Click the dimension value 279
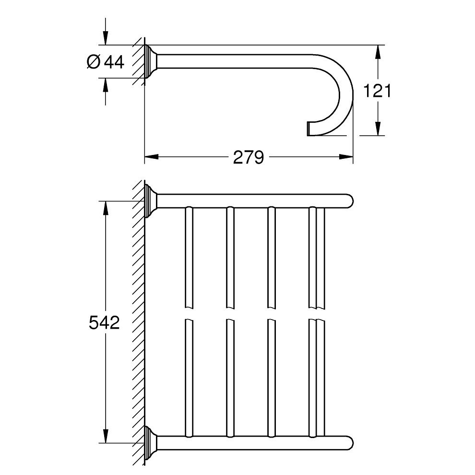tap(249, 157)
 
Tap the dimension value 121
tap(377, 91)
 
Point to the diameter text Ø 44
tap(106, 62)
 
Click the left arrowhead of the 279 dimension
tap(151, 156)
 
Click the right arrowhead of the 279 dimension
tap(346, 156)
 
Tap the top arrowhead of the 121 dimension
tap(378, 52)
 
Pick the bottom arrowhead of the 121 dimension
tap(378, 129)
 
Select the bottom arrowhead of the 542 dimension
tap(106, 437)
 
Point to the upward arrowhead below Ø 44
tap(106, 85)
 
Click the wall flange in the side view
tap(151, 61)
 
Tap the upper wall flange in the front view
tap(151, 201)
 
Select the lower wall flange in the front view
tap(151, 443)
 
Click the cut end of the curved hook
tap(309, 129)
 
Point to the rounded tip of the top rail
tap(350, 201)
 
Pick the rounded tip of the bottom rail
tap(350, 443)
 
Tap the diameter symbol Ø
tap(93, 62)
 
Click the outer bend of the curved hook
tap(351, 91)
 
